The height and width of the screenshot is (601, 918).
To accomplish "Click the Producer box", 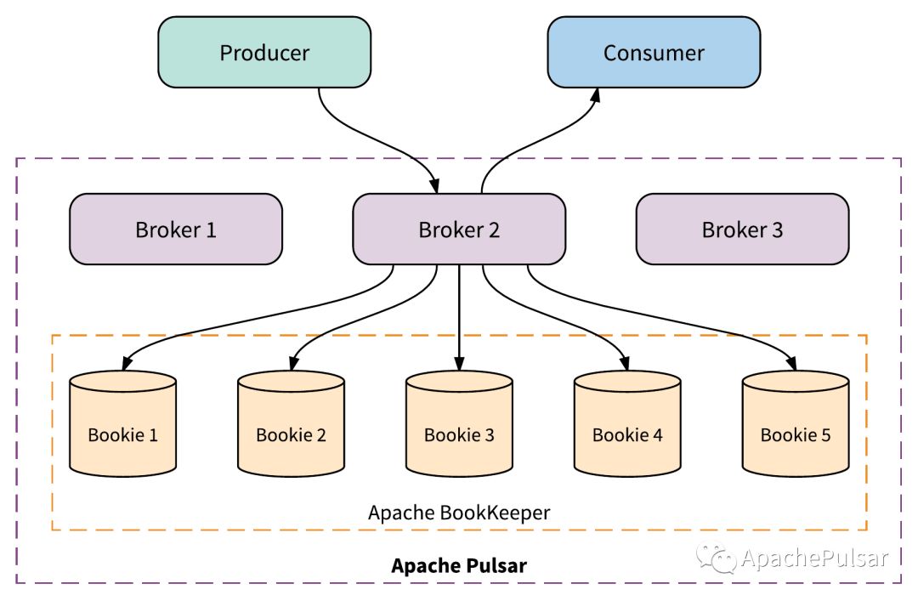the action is (x=264, y=52).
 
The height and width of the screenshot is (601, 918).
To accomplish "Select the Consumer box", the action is (x=654, y=52).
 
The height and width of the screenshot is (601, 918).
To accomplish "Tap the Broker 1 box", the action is (x=176, y=229).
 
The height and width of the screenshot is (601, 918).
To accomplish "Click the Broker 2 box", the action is (x=459, y=229).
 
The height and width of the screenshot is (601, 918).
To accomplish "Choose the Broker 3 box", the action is (x=742, y=229).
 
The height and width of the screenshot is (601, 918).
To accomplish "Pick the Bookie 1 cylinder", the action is (x=123, y=423).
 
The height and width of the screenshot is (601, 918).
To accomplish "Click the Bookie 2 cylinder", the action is (x=291, y=423).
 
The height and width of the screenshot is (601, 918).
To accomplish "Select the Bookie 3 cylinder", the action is (x=459, y=423).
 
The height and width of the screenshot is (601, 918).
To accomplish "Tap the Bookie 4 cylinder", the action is (x=627, y=423).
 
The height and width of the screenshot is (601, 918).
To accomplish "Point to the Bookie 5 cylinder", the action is (x=796, y=423).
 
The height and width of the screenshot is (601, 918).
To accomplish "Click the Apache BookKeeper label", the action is (x=459, y=513).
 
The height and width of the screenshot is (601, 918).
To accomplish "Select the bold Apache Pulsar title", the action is (x=459, y=565).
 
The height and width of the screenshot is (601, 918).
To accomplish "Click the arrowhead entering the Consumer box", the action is (x=595, y=96).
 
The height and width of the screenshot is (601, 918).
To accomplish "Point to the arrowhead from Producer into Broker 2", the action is (x=433, y=185).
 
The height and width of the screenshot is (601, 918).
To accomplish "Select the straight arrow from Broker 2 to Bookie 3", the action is (x=459, y=317).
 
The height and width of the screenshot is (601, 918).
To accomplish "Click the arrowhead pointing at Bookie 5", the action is (x=791, y=363).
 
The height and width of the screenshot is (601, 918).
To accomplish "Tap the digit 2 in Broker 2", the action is (x=494, y=230).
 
